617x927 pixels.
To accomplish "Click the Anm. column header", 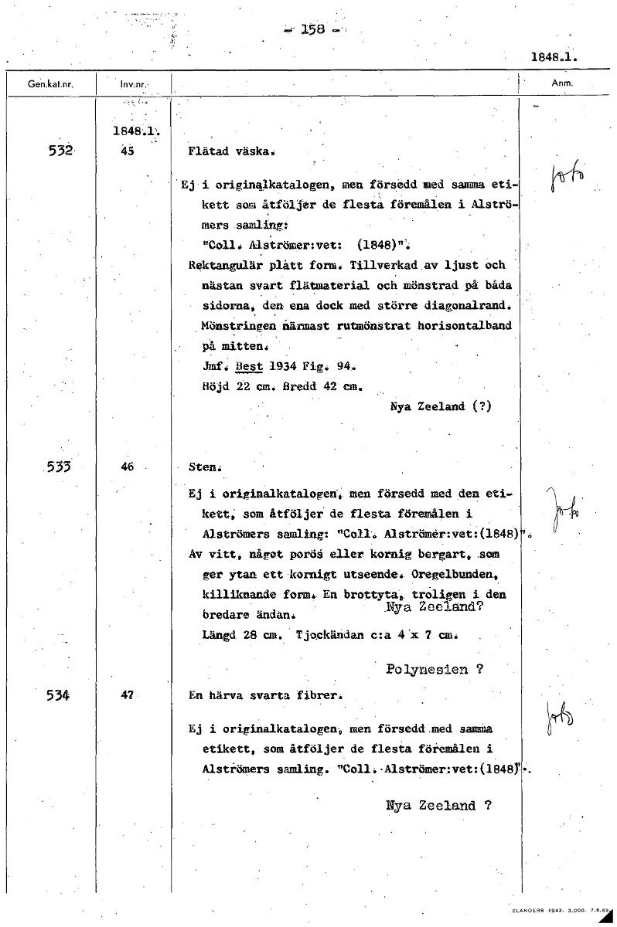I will [561, 82].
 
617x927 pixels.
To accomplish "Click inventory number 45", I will [128, 151].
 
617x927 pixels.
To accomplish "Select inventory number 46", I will [128, 467].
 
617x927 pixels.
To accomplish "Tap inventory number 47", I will [128, 694].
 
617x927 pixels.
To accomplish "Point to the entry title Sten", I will [205, 467].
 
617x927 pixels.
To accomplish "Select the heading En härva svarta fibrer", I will [264, 695].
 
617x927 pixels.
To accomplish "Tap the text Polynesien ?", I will [435, 670].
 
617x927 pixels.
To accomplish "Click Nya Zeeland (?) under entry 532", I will [441, 406].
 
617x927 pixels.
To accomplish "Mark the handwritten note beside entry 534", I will [560, 719].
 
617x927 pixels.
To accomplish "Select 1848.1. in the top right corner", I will [555, 56].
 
